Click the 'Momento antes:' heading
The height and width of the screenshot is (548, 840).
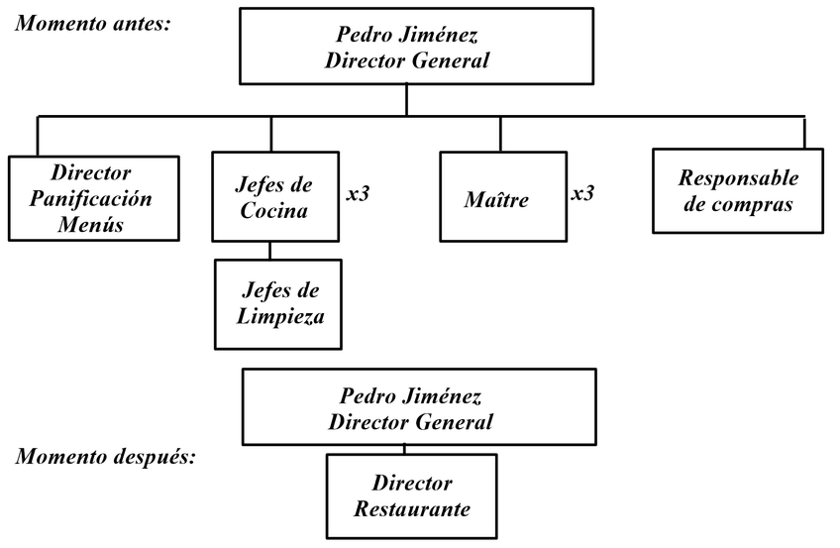93,22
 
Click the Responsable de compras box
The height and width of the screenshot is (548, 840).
737,191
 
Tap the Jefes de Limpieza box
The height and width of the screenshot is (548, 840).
277,304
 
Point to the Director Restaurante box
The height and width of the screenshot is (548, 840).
411,495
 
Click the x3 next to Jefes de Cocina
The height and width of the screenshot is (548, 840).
358,194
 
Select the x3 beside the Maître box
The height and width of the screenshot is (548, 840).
582,193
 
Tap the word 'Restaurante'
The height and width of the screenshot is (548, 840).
411,509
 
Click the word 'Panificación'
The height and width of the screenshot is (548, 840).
90,198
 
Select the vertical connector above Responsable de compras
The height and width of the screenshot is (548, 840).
804,133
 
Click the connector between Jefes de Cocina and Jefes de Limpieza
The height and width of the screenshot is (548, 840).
269,251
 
